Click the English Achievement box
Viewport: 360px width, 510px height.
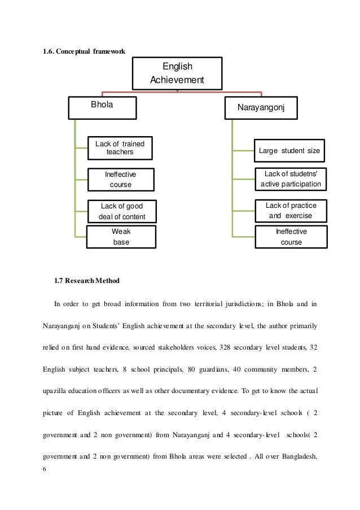[177, 73]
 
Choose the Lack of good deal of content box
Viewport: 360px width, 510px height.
[121, 211]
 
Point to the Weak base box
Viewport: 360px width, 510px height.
[121, 237]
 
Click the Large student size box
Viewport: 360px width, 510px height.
[289, 151]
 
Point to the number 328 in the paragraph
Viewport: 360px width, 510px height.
[221, 347]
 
